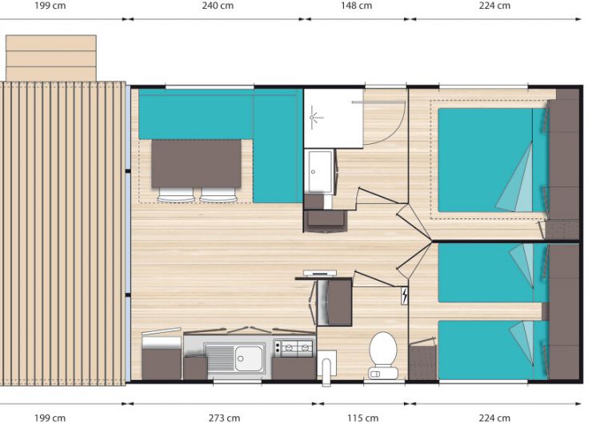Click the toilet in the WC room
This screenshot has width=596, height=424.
382,355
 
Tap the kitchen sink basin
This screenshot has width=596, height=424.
249,358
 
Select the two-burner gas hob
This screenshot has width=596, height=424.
294,348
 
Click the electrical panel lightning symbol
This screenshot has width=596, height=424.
404,295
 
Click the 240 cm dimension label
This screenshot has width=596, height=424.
218,6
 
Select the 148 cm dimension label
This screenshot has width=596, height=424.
356,6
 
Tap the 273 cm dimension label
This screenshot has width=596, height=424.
224,418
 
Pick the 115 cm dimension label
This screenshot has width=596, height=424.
362,418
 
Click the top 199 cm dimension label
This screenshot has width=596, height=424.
50,6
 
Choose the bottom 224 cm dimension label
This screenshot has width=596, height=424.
494,418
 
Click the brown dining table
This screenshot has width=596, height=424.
196,163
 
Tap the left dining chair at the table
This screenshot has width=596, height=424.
176,194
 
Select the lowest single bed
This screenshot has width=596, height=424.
493,350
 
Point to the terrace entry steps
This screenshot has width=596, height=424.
51,58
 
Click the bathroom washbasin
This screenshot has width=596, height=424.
319,172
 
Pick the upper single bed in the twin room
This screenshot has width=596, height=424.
493,273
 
